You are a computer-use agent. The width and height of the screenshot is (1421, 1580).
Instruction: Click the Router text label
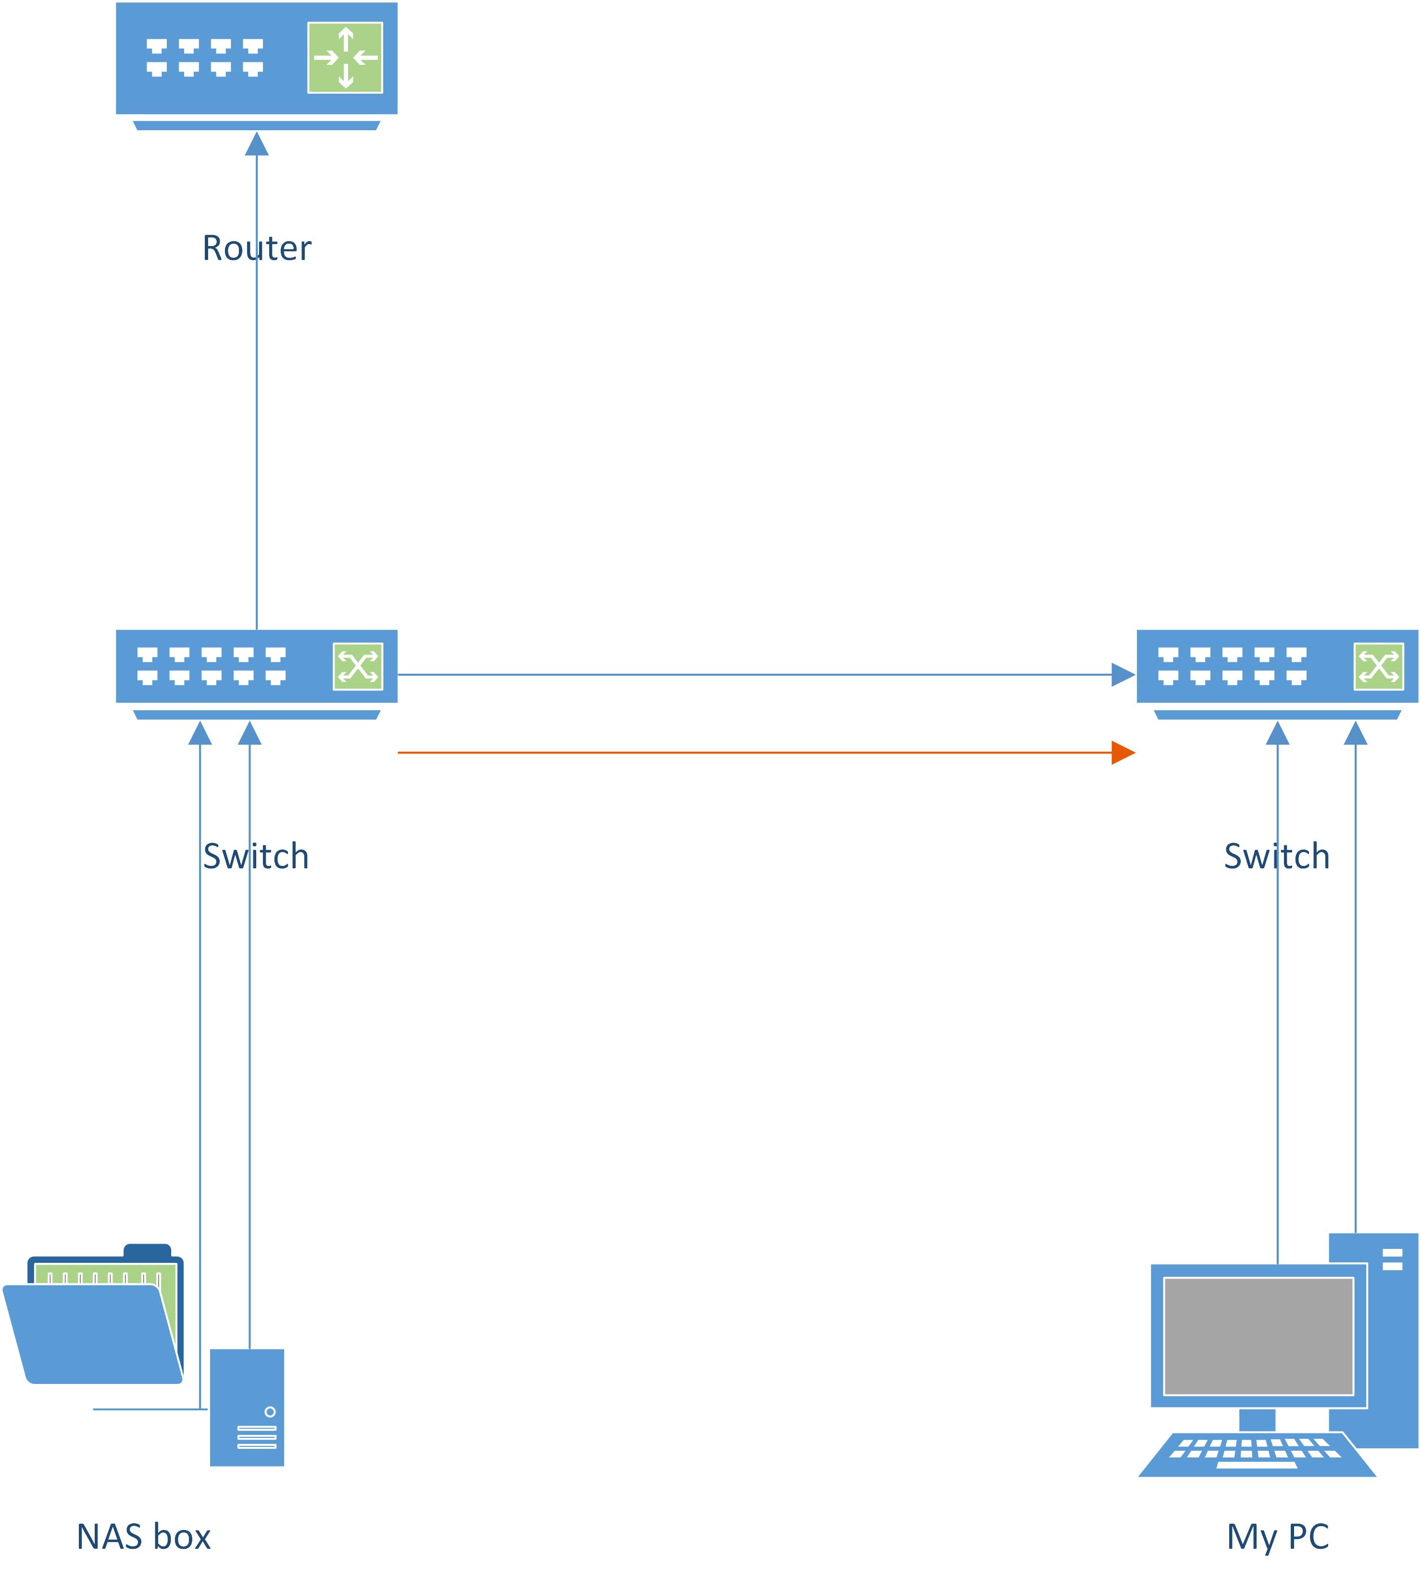257,248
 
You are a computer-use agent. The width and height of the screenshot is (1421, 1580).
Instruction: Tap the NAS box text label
144,1536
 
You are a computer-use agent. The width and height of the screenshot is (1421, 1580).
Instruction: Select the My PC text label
1277,1536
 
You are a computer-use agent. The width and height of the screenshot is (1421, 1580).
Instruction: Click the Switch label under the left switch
256,856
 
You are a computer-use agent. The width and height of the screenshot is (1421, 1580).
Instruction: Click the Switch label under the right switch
1277,856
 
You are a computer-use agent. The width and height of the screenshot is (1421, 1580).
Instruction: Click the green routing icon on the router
345,58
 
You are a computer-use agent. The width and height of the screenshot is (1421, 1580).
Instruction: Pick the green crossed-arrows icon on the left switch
358,667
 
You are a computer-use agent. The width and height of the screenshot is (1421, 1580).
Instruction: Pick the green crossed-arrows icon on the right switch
1378,667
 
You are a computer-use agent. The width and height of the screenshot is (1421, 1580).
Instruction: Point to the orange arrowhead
1123,753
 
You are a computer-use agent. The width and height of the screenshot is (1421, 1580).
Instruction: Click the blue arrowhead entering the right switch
1123,675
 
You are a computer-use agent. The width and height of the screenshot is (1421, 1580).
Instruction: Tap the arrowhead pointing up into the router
257,145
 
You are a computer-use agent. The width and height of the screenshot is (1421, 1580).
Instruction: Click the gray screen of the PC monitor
1259,1336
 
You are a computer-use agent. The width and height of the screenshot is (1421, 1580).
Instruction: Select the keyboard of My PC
1257,1454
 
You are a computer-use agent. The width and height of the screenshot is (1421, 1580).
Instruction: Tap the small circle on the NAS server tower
270,1411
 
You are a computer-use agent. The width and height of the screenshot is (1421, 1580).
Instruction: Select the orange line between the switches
749,753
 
